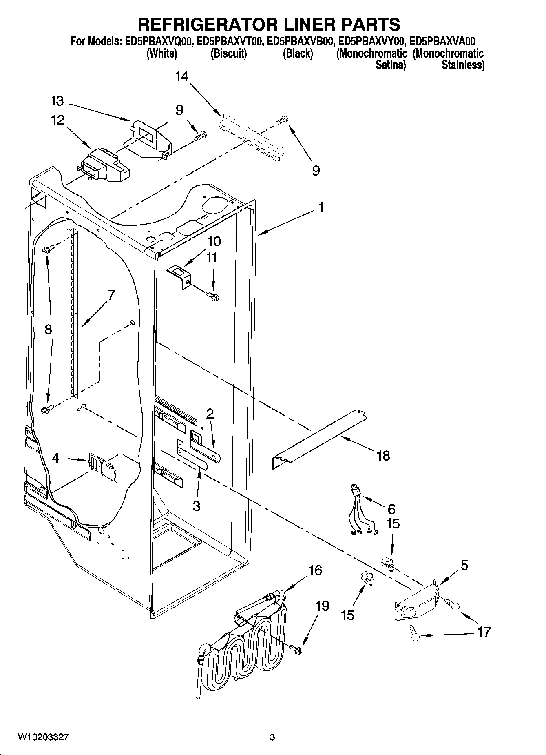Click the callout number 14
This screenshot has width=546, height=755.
182,76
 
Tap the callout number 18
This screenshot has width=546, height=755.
383,455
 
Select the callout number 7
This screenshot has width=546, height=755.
111,294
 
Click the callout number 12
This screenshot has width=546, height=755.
58,120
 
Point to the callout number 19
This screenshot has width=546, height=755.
322,606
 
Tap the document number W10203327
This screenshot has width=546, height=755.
43,737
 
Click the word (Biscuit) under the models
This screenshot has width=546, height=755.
228,53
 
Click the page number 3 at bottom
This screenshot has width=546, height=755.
272,737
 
